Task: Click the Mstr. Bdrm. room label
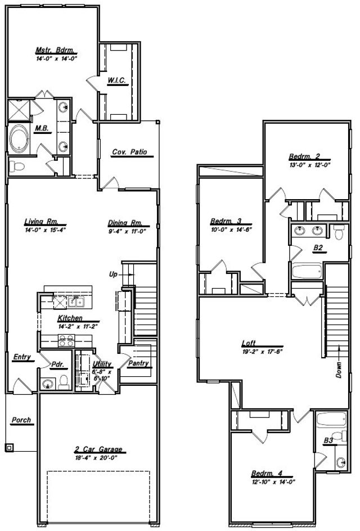55,49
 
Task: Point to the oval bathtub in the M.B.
19,138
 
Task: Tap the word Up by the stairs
112,274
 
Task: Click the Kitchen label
70,318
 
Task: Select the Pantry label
138,363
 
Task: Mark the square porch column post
10,448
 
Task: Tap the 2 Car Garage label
98,450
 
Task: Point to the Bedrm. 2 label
304,156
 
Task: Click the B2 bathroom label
318,247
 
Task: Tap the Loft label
249,343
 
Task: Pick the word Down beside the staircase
339,370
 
